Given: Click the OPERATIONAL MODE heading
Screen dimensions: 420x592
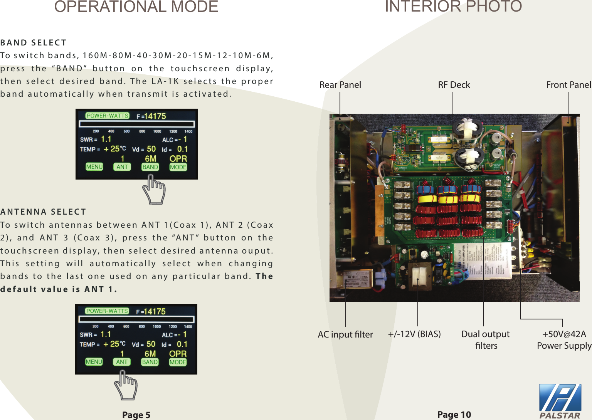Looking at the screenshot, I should tap(136, 7).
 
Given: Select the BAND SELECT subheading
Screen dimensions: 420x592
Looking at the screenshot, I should tap(34, 42).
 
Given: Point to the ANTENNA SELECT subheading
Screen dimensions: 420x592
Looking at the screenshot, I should tap(43, 212).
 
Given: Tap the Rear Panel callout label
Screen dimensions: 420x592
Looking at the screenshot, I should tap(340, 85).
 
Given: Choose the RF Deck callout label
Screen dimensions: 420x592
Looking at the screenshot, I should tap(454, 85).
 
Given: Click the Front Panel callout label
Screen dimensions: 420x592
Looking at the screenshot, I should tap(568, 85).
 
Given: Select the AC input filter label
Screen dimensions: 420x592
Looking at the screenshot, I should tap(345, 334).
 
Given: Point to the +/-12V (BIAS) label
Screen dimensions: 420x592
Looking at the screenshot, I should tap(414, 334).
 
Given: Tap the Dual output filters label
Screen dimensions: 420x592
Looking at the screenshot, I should tap(485, 339).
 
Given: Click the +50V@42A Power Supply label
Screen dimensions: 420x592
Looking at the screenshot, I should tap(564, 339).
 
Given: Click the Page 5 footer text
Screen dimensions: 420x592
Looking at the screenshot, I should tap(136, 415).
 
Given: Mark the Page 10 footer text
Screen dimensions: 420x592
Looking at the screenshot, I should tap(454, 414).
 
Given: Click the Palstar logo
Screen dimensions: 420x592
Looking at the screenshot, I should tap(560, 401).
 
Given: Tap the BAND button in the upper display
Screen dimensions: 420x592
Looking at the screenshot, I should tap(150, 167).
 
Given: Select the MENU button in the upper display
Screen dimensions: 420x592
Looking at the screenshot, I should tap(94, 167).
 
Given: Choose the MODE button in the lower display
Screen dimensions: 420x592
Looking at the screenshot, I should tap(178, 362).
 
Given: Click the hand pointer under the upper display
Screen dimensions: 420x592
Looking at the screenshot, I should tap(154, 190).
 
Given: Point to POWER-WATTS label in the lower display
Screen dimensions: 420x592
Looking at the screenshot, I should tap(107, 311).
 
